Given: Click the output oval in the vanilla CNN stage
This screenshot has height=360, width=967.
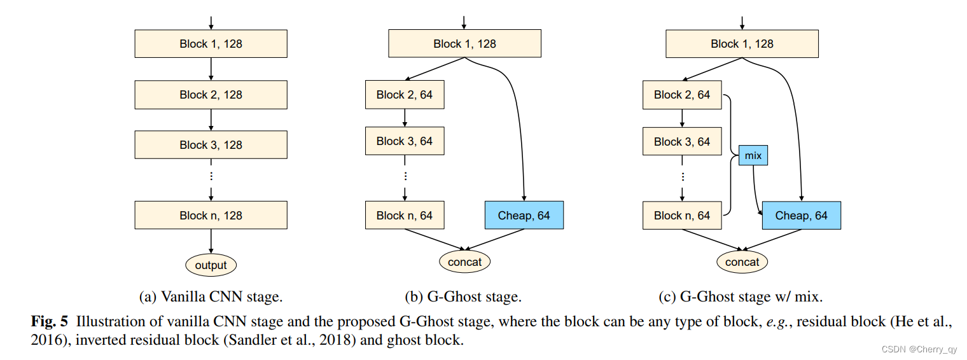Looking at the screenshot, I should click(211, 265).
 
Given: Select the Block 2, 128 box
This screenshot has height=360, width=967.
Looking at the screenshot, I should click(211, 95).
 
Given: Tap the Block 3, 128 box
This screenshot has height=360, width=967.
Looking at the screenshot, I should click(211, 145).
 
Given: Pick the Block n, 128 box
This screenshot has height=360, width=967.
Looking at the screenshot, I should click(211, 216).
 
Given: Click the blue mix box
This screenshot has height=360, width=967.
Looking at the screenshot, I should click(753, 155).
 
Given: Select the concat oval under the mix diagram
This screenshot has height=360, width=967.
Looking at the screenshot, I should click(742, 262).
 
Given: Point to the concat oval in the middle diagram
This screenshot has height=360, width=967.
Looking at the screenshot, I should click(464, 262).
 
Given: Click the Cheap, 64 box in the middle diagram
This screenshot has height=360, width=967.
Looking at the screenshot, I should click(524, 216).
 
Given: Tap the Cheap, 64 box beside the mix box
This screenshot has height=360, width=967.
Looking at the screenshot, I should click(801, 216).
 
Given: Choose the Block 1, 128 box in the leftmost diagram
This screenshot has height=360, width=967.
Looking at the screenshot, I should click(211, 44).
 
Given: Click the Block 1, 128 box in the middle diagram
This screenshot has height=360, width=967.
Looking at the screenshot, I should click(464, 44).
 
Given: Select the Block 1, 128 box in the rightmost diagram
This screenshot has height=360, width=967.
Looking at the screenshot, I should click(742, 44).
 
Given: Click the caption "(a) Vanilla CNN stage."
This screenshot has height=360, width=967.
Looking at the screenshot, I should click(211, 296).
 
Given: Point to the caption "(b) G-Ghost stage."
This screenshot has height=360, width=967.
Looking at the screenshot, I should click(463, 296).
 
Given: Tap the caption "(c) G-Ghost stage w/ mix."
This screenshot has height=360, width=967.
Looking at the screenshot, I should click(741, 296).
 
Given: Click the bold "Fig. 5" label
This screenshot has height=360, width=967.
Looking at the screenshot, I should click(50, 322).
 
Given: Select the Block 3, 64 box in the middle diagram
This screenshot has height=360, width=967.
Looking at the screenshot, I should click(405, 141).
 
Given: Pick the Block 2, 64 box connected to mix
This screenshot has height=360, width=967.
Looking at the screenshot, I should click(682, 95).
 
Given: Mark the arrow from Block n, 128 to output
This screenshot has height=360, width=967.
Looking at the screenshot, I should click(211, 241).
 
